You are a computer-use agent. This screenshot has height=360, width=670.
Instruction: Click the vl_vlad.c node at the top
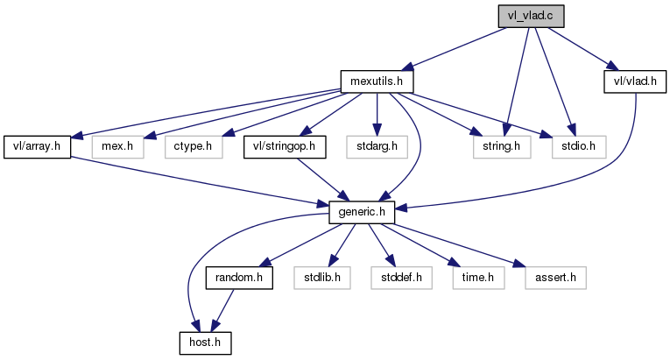click(530, 15)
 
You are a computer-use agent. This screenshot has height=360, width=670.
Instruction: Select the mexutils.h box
click(376, 81)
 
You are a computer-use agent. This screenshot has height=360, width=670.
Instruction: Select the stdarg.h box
click(377, 145)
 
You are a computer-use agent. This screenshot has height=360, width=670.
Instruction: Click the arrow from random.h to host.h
click(221, 308)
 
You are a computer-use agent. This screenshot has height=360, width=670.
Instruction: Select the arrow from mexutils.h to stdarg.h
click(377, 113)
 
